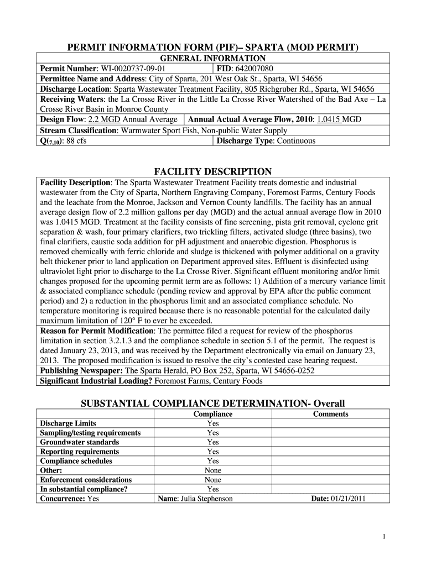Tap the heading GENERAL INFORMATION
[213, 59]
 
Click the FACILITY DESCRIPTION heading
[213, 171]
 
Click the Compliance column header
[212, 414]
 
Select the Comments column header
[330, 414]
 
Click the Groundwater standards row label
[79, 442]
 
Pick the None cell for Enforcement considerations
[212, 480]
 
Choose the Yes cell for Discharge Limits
[212, 423]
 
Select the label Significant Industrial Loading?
[96, 381]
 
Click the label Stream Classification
[78, 130]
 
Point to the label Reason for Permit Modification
[98, 331]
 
